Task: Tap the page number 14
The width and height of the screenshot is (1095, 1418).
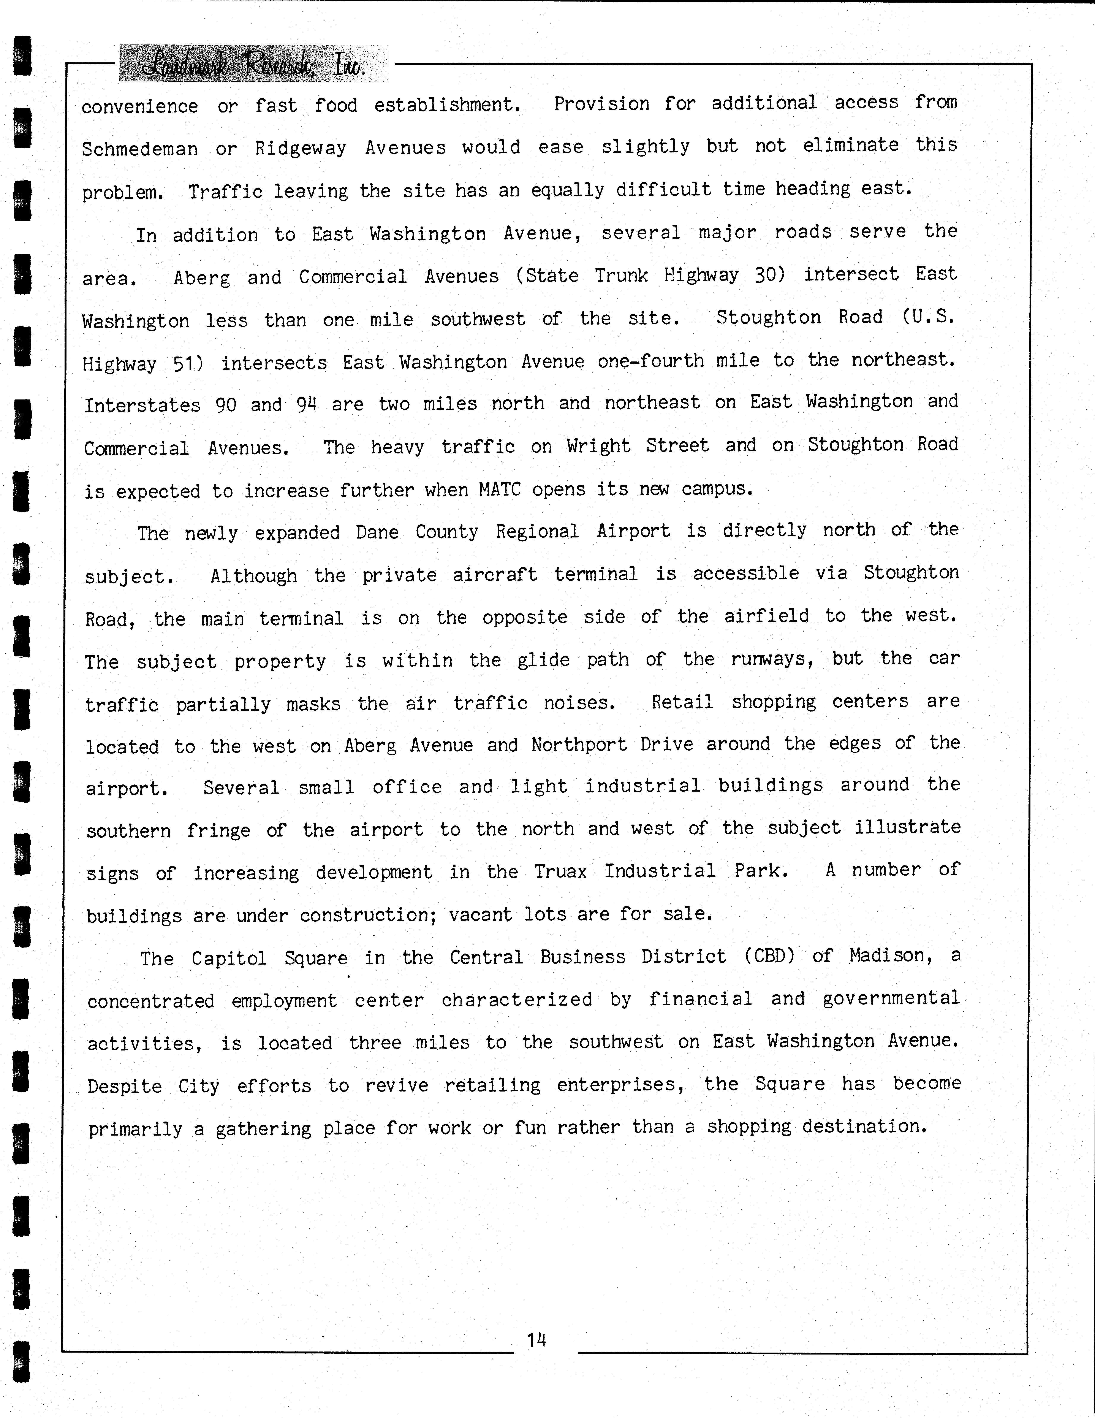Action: pos(536,1339)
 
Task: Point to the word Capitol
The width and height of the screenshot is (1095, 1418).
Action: pos(228,958)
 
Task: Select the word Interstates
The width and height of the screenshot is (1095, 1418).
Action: pos(142,405)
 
